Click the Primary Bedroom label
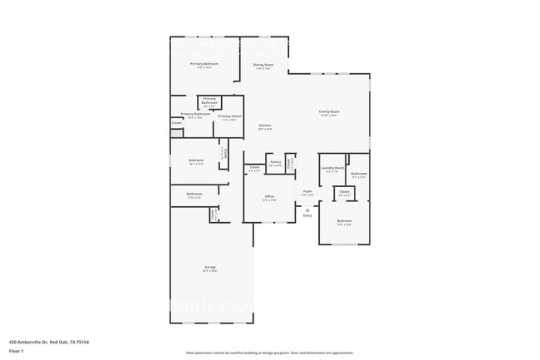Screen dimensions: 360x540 [204, 64]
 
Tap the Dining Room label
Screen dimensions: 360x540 [263, 64]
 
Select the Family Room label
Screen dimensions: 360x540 [329, 111]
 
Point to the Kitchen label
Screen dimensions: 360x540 [264, 126]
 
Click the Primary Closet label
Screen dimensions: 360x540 [229, 116]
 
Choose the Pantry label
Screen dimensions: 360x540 [275, 161]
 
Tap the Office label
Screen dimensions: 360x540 [268, 197]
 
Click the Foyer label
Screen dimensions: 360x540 [307, 191]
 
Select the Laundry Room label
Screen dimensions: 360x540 [332, 169]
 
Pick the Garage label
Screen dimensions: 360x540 [209, 268]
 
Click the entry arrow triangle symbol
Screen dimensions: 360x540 [307, 210]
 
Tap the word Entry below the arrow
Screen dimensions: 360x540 [307, 216]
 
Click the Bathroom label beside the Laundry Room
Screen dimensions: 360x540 [359, 174]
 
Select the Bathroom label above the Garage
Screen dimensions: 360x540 [194, 195]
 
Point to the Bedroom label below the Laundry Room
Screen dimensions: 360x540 [344, 220]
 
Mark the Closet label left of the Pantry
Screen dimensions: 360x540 [254, 167]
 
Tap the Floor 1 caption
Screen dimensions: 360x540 [17, 351]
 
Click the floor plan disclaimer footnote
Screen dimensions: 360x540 [269, 352]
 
